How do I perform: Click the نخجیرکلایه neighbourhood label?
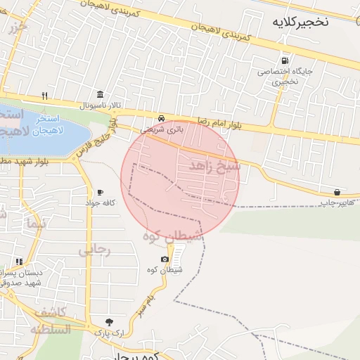point(300,22)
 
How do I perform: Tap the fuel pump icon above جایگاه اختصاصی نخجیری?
point(284,60)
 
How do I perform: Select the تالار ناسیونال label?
point(101,105)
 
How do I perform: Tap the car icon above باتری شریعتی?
point(162,118)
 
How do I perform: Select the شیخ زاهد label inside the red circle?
point(214,167)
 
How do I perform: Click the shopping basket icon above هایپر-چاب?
point(337,192)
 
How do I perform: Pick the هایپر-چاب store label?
point(335,202)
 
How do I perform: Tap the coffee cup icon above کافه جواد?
point(100,192)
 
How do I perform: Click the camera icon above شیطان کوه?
point(165,259)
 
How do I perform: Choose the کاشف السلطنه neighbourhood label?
point(50,321)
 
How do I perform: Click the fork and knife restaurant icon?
point(44,96)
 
